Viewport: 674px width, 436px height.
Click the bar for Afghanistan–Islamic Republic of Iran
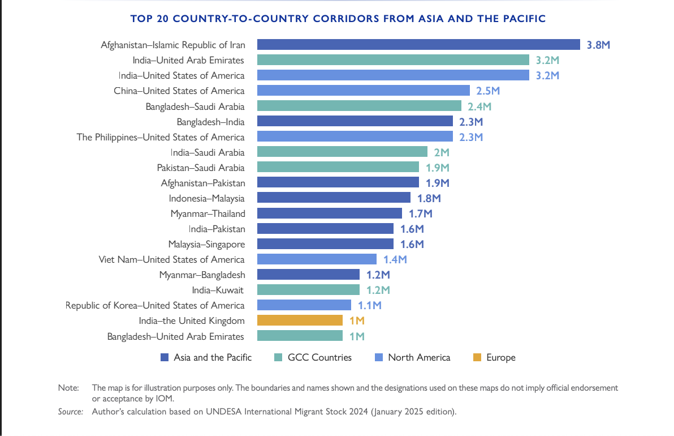(x=418, y=45)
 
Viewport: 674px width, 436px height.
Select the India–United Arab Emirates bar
(x=393, y=60)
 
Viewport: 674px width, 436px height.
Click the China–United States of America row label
(x=179, y=91)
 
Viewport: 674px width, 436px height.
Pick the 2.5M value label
(x=488, y=91)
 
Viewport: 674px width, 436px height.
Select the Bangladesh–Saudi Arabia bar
(x=360, y=106)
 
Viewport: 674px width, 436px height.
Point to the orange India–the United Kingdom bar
(x=300, y=320)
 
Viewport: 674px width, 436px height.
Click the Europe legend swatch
(x=477, y=357)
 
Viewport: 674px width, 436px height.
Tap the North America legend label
(x=419, y=357)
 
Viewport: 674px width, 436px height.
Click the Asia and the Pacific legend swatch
(x=165, y=357)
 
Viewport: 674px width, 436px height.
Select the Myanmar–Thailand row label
(x=208, y=213)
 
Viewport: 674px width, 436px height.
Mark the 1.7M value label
(x=420, y=213)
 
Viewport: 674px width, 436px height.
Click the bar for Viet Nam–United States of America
(x=317, y=259)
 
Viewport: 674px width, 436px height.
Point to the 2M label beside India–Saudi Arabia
(x=442, y=152)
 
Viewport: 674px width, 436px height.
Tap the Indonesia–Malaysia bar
(x=334, y=198)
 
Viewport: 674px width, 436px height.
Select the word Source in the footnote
(x=70, y=412)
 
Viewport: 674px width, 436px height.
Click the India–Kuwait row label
(x=218, y=290)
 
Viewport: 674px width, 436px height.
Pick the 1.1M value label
(x=370, y=306)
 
